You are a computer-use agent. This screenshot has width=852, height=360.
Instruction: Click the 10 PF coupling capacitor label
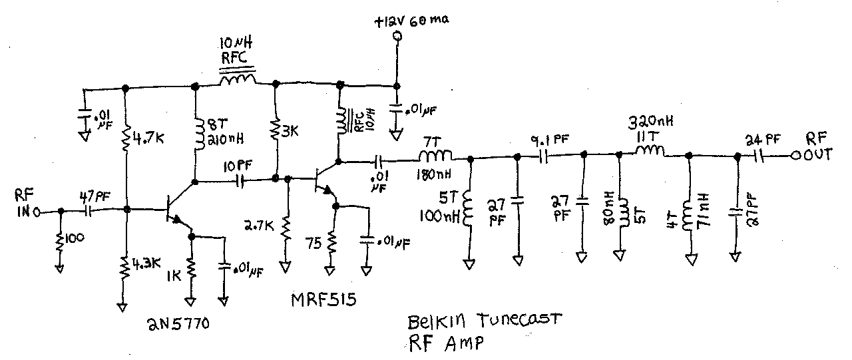pyautogui.click(x=238, y=164)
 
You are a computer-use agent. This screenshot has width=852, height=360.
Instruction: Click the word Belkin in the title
pyautogui.click(x=432, y=324)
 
